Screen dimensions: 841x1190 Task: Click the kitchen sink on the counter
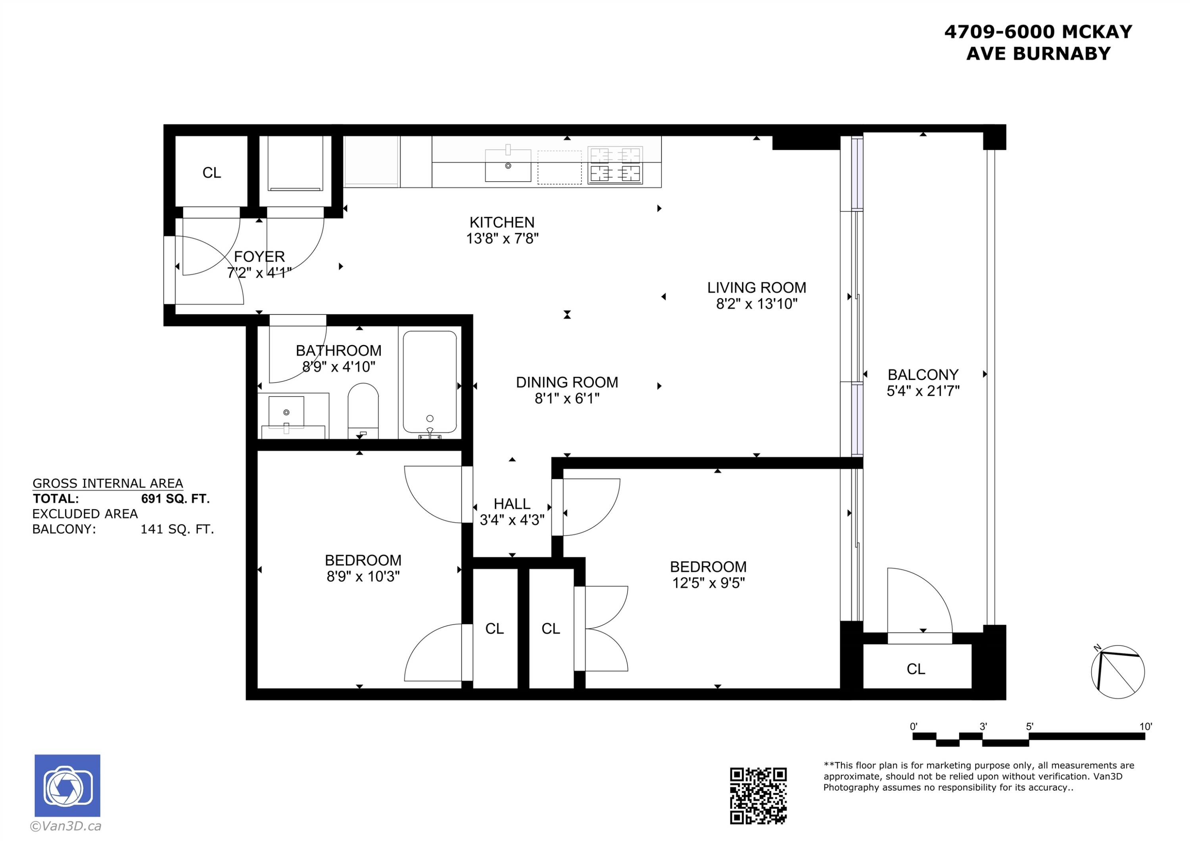tap(507, 165)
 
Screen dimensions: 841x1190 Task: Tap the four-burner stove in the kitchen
tap(615, 165)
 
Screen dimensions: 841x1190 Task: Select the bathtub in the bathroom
tap(429, 382)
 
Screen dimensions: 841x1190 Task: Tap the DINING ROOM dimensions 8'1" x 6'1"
tap(566, 398)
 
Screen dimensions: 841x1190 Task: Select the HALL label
tap(512, 504)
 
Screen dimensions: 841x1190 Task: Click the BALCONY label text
tap(923, 375)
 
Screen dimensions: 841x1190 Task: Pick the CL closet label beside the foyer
tap(211, 172)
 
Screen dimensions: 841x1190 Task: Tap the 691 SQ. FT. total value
tap(175, 499)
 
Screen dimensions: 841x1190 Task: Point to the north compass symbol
tap(1117, 672)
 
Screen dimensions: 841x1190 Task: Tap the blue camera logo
tap(67, 785)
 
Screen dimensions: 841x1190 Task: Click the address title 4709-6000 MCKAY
tap(1038, 32)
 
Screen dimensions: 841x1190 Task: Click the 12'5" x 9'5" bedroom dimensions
tap(708, 583)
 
